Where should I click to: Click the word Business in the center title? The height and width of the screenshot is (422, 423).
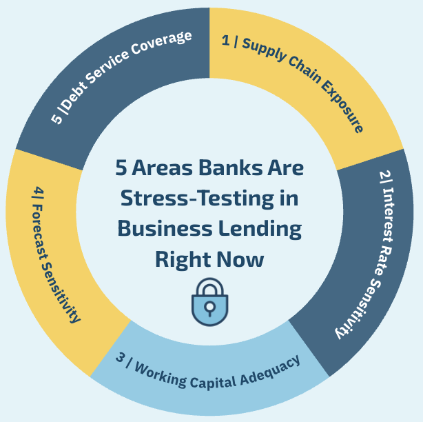(163, 228)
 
